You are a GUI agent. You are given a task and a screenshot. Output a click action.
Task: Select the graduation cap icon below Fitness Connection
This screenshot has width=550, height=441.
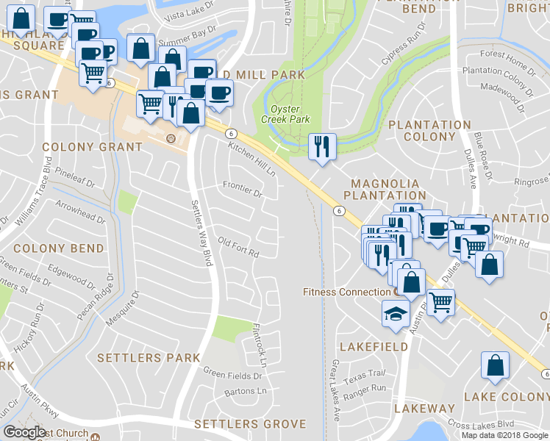click(x=395, y=314)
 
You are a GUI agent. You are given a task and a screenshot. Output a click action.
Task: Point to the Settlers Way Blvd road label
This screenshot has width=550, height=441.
click(x=201, y=232)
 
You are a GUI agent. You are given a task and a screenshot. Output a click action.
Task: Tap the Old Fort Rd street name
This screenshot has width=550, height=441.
click(x=239, y=248)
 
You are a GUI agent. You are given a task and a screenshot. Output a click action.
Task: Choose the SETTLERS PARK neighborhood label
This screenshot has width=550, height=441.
click(x=148, y=358)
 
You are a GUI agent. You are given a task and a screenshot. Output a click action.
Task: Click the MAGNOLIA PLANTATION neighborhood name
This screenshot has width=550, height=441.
click(x=385, y=190)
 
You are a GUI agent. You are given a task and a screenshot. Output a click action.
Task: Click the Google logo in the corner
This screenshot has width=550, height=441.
click(x=24, y=432)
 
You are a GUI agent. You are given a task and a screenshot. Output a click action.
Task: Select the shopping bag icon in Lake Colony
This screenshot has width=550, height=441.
click(x=496, y=365)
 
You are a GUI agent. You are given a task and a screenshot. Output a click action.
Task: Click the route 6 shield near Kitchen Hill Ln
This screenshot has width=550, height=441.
click(x=231, y=134)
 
